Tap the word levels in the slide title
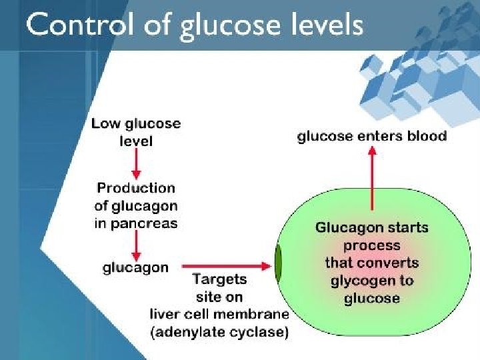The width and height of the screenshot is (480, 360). point(324,25)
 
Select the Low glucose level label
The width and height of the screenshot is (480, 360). point(135,132)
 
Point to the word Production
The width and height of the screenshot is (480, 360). point(136,189)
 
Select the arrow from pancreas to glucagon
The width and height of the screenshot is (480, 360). point(136,245)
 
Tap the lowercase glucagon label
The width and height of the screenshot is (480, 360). point(135,267)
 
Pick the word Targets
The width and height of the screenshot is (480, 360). point(219,279)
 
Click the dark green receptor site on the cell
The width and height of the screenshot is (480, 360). point(278,265)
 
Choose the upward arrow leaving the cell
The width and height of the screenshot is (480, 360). point(372,180)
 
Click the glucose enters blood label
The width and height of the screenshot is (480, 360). point(371,137)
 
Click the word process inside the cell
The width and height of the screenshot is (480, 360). point(371,245)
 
